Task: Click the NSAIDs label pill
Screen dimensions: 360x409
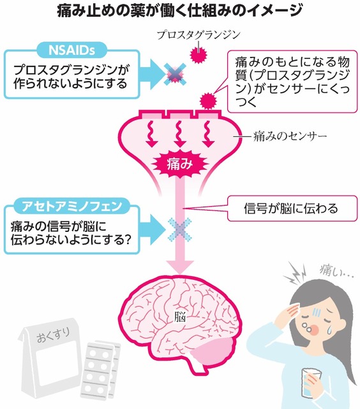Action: pyautogui.click(x=71, y=50)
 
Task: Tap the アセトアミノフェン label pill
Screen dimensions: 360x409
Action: pyautogui.click(x=71, y=206)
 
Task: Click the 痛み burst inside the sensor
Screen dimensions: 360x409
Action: pyautogui.click(x=180, y=164)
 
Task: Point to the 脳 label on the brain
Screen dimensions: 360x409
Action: pyautogui.click(x=180, y=318)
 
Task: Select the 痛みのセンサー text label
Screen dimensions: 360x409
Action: pyautogui.click(x=290, y=136)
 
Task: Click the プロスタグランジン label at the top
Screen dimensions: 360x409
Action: pyautogui.click(x=199, y=35)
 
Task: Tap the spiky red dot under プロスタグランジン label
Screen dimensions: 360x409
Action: pyautogui.click(x=199, y=54)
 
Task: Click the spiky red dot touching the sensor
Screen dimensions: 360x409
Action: pyautogui.click(x=208, y=101)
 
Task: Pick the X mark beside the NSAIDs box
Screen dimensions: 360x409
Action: pyautogui.click(x=175, y=74)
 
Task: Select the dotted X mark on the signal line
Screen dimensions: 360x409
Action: pyautogui.click(x=180, y=229)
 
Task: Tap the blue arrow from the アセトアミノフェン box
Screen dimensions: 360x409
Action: pyautogui.click(x=153, y=229)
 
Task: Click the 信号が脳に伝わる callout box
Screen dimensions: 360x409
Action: pyautogui.click(x=292, y=208)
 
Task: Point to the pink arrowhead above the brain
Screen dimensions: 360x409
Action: pyautogui.click(x=180, y=267)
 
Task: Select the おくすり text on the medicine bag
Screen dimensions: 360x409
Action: pyautogui.click(x=54, y=335)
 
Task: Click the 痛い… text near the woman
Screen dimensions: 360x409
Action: pyautogui.click(x=336, y=271)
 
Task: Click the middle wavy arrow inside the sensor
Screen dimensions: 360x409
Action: pyautogui.click(x=180, y=134)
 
